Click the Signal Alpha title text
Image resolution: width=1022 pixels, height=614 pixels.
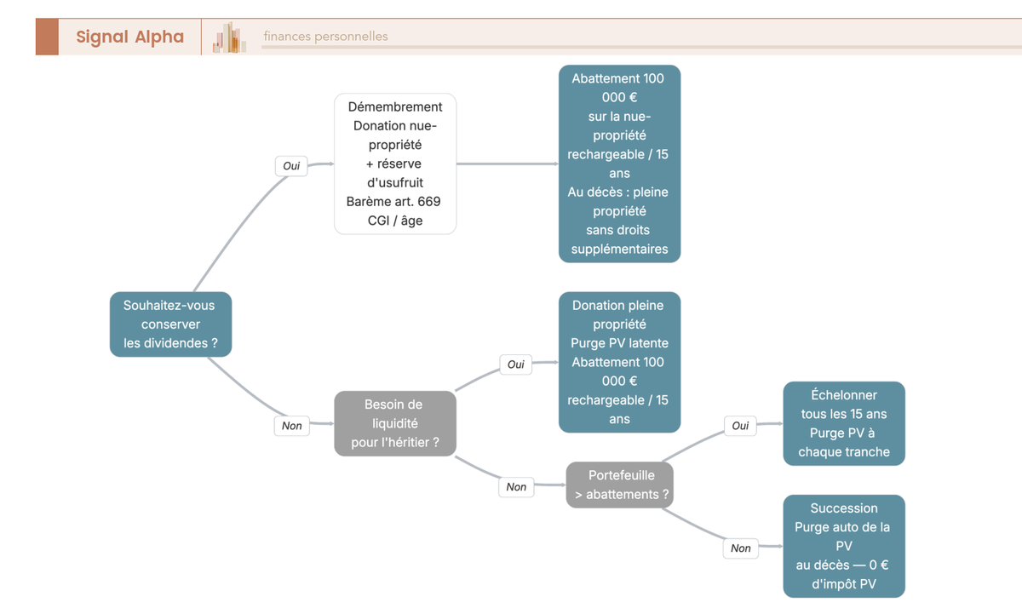coord(130,37)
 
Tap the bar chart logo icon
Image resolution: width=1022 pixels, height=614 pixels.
coord(229,37)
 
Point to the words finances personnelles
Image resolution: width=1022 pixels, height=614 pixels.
coord(325,36)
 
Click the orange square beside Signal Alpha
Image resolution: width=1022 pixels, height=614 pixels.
coord(48,37)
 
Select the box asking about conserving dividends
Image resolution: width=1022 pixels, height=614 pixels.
coord(170,324)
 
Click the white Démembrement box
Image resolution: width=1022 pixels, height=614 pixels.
coord(395,164)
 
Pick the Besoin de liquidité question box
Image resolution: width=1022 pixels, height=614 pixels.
coord(395,423)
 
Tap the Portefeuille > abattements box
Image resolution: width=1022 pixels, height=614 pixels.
coord(620,485)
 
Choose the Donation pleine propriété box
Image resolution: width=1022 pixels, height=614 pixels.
coord(620,362)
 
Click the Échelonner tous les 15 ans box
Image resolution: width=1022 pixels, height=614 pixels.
coord(844,423)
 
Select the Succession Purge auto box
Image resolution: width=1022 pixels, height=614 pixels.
coord(844,546)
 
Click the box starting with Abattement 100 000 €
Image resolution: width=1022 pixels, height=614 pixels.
coord(620,164)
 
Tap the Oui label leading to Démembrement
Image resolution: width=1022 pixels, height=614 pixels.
coord(291,165)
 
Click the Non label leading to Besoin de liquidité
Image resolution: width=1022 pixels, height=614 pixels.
coord(291,426)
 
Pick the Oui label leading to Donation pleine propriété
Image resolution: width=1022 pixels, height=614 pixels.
coord(515,364)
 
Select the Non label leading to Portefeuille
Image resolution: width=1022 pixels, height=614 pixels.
coord(516,487)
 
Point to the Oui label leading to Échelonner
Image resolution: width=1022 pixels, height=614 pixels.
coord(740,426)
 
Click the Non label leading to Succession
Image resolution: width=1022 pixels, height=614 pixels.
coord(740,548)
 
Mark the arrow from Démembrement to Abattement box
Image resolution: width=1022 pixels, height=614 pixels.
coord(508,164)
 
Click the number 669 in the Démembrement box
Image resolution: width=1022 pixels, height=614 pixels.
coord(429,202)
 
